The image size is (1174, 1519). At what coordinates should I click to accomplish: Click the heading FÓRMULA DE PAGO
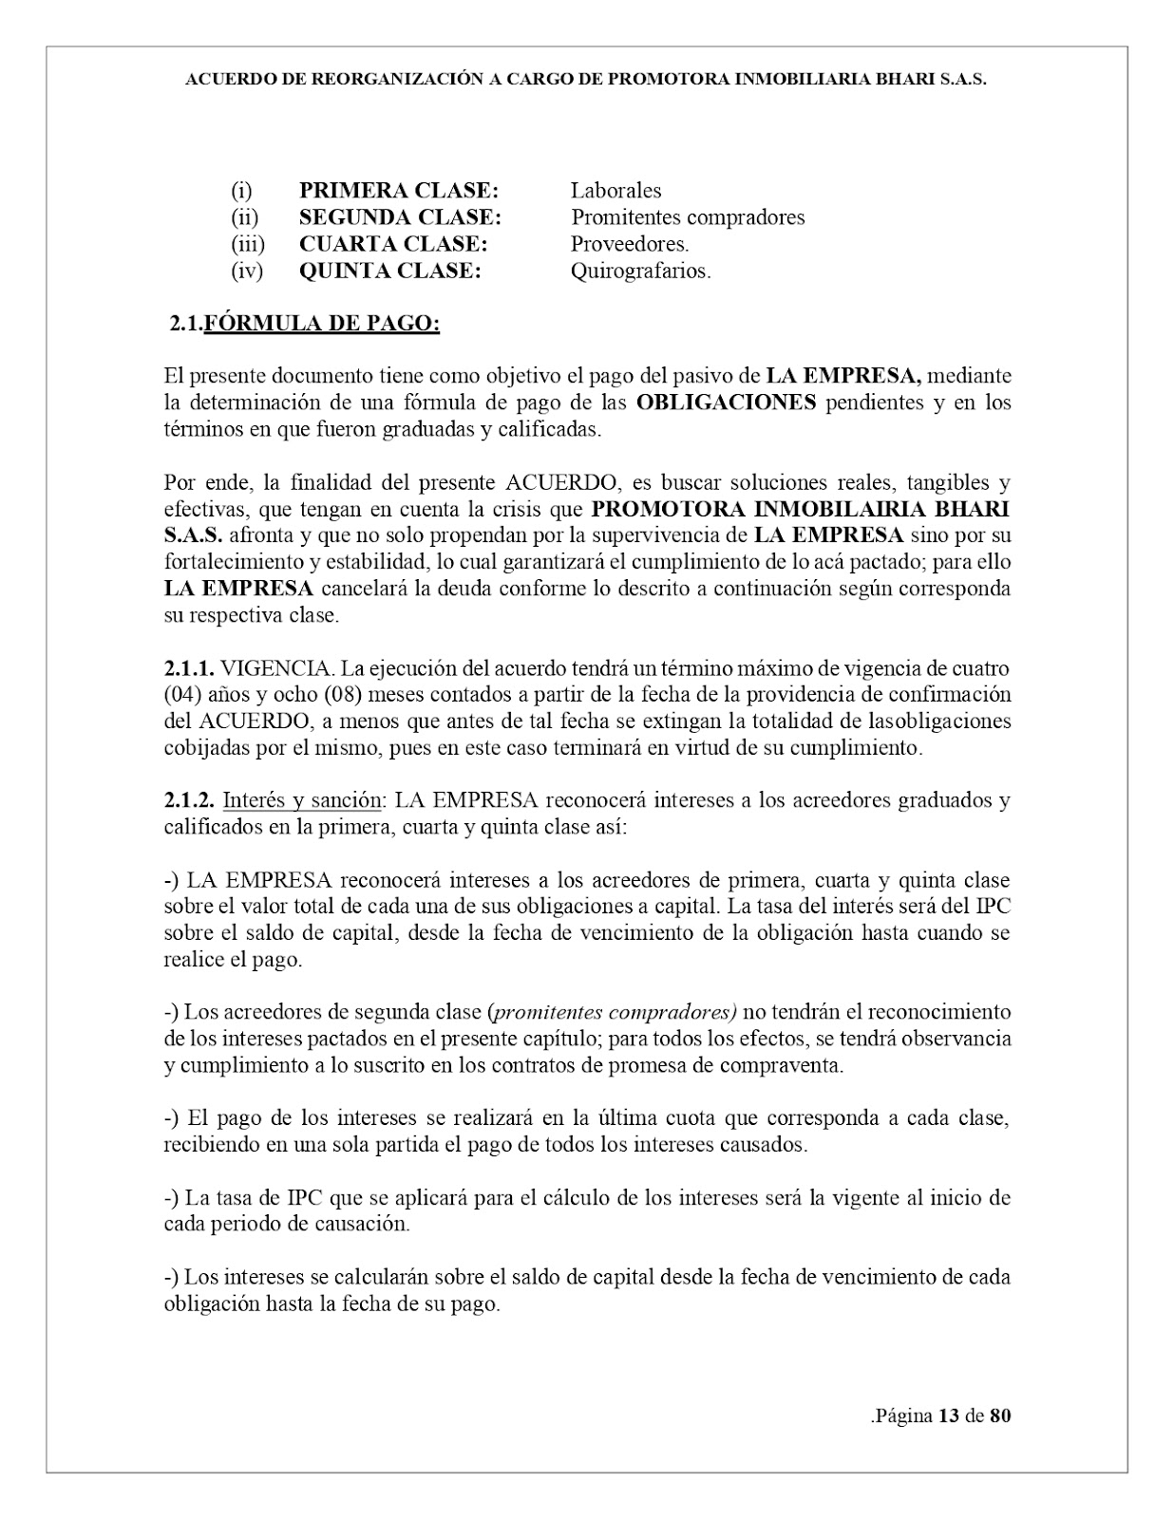tap(322, 324)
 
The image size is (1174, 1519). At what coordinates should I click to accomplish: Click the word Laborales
tap(615, 190)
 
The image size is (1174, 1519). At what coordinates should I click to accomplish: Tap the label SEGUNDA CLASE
tap(400, 216)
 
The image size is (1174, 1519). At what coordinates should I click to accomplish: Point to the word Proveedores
tap(630, 244)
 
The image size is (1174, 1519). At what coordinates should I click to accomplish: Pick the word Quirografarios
tap(640, 271)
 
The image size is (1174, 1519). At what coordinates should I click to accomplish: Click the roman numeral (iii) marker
tap(248, 244)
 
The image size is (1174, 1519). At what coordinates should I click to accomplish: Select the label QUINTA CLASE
tap(390, 271)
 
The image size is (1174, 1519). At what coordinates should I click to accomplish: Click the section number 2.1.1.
tap(189, 668)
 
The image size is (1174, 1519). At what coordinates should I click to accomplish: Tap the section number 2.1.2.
tap(189, 799)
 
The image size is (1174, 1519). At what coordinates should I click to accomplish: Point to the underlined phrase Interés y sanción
tap(302, 799)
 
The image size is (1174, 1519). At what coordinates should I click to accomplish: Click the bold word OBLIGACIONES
tap(726, 402)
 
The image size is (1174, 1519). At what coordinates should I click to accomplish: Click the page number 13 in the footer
tap(947, 1416)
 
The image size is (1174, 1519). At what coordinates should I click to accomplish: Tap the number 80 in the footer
tap(1000, 1416)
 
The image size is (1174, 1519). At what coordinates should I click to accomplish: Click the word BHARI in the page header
tap(880, 81)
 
